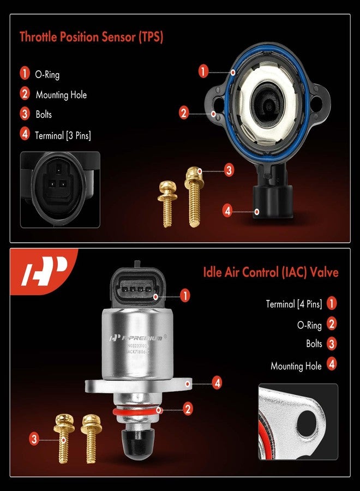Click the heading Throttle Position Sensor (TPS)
(x=92, y=37)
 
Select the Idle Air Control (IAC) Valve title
(x=271, y=272)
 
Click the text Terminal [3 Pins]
(x=64, y=135)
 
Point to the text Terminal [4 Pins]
(x=294, y=304)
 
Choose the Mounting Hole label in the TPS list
(x=61, y=95)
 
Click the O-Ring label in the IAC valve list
(x=309, y=325)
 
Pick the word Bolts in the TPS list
(x=44, y=115)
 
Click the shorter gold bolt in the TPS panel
(x=165, y=203)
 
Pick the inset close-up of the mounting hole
(x=298, y=422)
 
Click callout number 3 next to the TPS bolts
(x=229, y=170)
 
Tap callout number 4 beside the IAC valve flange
(x=217, y=384)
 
